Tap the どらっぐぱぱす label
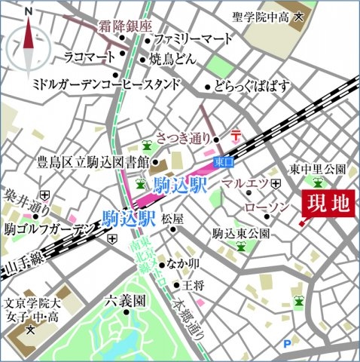click(252, 86)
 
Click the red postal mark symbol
click(236, 135)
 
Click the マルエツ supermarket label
click(249, 183)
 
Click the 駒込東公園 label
click(241, 233)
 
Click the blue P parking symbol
click(287, 345)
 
